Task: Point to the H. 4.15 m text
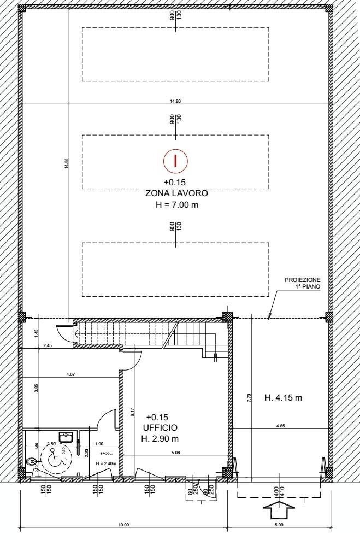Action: [283, 397]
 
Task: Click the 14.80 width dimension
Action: [175, 101]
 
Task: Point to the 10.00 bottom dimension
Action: [123, 525]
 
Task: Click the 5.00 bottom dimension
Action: [279, 525]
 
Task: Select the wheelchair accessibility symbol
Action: [55, 460]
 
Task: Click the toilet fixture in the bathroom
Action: [33, 462]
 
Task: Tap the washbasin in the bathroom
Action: [67, 437]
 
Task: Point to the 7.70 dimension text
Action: [249, 398]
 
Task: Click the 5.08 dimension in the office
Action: [175, 452]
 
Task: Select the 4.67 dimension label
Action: [70, 374]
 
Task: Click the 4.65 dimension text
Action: [280, 425]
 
